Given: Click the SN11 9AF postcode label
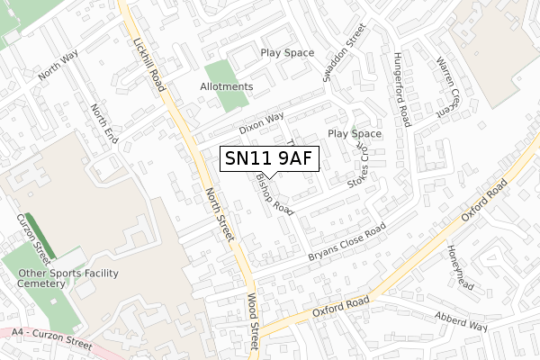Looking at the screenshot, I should (x=269, y=159).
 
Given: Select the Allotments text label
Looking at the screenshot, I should (x=227, y=86).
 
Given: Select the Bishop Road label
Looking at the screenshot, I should (x=274, y=193).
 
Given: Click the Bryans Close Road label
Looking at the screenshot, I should (x=346, y=243).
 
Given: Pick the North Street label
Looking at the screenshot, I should (x=220, y=214).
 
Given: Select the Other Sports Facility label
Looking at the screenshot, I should (x=68, y=273).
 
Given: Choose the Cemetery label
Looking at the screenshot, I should (x=41, y=283).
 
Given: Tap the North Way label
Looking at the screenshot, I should (x=58, y=65).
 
